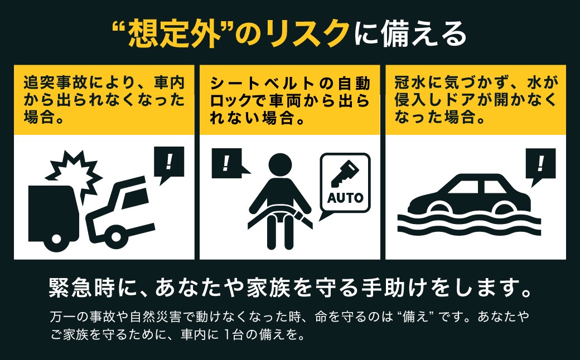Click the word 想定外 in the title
(x=174, y=33)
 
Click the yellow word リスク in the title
(x=308, y=34)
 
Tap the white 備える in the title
(x=423, y=34)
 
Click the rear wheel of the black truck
(x=56, y=239)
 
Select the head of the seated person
(x=280, y=165)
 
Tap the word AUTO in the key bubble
(x=345, y=198)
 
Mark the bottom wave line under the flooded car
(x=468, y=231)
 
